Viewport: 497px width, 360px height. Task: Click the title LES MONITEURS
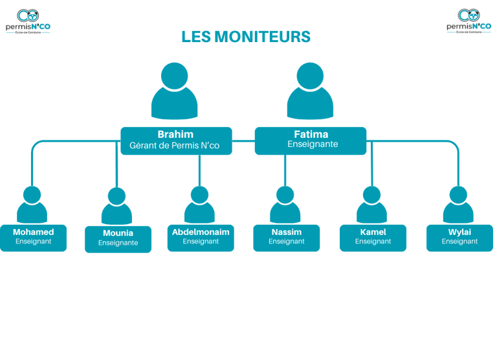(x=246, y=37)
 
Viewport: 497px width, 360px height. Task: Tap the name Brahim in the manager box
(x=175, y=134)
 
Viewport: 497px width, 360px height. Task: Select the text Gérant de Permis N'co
(x=175, y=146)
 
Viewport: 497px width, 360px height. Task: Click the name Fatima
(x=311, y=134)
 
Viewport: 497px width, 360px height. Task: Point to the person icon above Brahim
(x=175, y=91)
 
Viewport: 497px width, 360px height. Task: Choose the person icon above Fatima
(x=311, y=91)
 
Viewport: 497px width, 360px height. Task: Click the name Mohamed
(x=33, y=232)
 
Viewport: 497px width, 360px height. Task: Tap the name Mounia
(x=118, y=233)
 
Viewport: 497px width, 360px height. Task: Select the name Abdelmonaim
(x=201, y=232)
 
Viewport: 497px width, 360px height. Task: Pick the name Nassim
(x=287, y=232)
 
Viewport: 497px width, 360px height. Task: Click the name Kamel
(x=373, y=232)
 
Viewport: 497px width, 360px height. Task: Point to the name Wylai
(x=459, y=232)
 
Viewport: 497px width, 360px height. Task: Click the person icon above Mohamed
(x=32, y=205)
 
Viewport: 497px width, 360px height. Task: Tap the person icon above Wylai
(x=458, y=205)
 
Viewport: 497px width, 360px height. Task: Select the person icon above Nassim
(x=285, y=205)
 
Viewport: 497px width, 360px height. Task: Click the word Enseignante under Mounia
(x=118, y=243)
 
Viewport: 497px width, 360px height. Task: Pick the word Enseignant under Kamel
(x=373, y=242)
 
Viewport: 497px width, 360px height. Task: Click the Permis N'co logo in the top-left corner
(x=28, y=21)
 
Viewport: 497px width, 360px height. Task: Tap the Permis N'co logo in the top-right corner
(x=469, y=21)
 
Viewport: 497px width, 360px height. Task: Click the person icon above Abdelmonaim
(x=199, y=205)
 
